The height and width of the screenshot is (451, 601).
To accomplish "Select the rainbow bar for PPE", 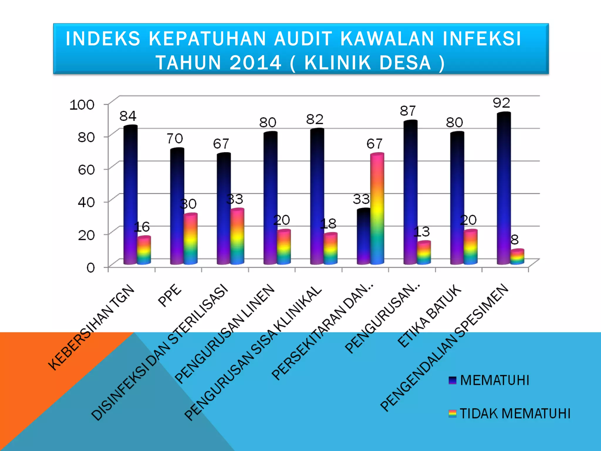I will pyautogui.click(x=190, y=239).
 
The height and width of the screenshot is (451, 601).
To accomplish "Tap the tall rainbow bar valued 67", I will pyautogui.click(x=377, y=208).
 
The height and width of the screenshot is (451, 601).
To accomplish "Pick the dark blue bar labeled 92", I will pyautogui.click(x=504, y=188).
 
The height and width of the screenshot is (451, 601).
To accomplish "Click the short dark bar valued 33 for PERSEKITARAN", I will pyautogui.click(x=363, y=236).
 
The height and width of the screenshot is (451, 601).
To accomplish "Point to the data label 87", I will pyautogui.click(x=408, y=111).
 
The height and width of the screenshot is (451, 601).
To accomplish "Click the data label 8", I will pyautogui.click(x=515, y=240).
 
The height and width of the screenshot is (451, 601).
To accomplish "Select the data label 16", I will pyautogui.click(x=142, y=227).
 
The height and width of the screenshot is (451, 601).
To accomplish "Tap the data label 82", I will pyautogui.click(x=315, y=119).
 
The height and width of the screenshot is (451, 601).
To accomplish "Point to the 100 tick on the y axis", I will pyautogui.click(x=82, y=105).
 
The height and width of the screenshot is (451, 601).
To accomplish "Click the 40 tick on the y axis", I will pyautogui.click(x=86, y=202).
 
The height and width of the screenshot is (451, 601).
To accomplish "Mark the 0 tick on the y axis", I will pyautogui.click(x=90, y=268).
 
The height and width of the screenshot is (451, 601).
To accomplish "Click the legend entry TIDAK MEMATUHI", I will pyautogui.click(x=515, y=413).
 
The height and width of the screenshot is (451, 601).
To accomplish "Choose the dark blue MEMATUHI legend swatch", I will pyautogui.click(x=453, y=380).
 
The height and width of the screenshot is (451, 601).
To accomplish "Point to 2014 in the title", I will pyautogui.click(x=255, y=63).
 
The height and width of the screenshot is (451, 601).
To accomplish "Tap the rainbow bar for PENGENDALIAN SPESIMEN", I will pyautogui.click(x=517, y=257).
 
